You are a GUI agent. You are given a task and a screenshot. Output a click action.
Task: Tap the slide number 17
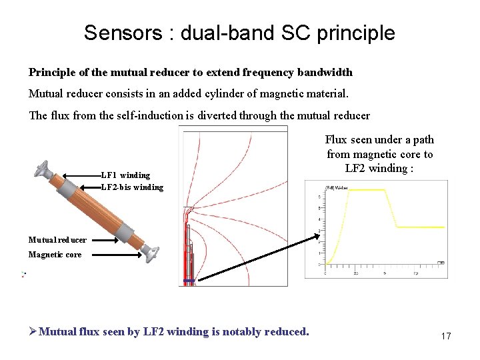(446, 337)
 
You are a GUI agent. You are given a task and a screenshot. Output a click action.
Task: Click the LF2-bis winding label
(132, 187)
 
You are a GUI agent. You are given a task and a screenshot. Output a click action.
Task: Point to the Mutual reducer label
(57, 240)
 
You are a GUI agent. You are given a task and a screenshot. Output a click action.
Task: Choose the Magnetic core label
(55, 255)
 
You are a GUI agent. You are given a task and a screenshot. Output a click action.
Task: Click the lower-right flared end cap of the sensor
(151, 251)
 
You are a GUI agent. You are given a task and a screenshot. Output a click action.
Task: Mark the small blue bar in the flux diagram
(189, 281)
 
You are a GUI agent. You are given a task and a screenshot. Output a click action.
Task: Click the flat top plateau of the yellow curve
(366, 190)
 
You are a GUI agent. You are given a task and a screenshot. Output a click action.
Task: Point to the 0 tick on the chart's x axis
(326, 273)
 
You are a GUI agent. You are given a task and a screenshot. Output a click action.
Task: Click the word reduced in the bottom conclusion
(287, 332)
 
